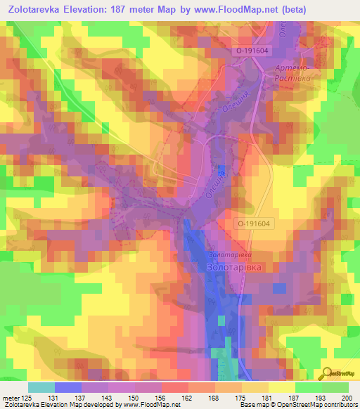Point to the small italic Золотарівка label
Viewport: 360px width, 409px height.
coord(229,254)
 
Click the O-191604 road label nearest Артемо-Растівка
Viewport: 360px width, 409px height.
coord(253,51)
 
